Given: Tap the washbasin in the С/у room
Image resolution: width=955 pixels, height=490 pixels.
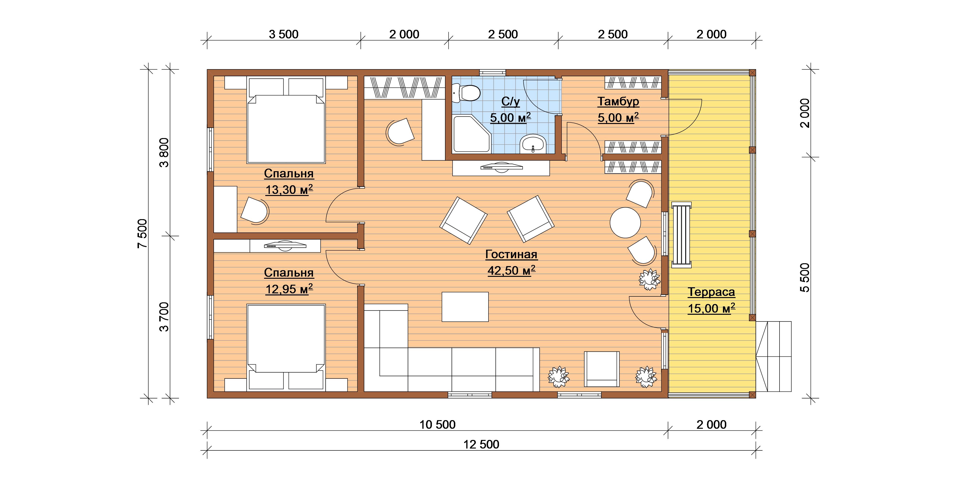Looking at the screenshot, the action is (x=533, y=144).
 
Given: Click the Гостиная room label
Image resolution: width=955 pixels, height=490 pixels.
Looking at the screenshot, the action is (x=511, y=254).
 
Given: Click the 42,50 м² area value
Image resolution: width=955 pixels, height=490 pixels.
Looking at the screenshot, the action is (x=511, y=271).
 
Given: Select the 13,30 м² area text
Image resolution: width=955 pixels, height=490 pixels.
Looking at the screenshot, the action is (x=289, y=190).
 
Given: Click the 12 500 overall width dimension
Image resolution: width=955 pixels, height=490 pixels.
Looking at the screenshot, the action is (x=481, y=444).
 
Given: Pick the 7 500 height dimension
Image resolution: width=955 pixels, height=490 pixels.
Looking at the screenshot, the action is (x=142, y=234).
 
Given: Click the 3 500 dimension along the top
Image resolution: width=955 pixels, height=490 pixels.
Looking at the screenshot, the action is (x=284, y=34).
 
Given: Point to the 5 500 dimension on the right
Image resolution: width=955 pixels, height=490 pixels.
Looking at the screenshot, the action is (x=805, y=278).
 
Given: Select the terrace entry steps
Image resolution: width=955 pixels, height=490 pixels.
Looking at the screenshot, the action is (x=774, y=356).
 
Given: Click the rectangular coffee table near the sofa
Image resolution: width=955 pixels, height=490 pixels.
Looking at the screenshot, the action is (x=465, y=307).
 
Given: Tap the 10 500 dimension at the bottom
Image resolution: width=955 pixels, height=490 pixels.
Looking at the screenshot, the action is (x=437, y=424).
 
